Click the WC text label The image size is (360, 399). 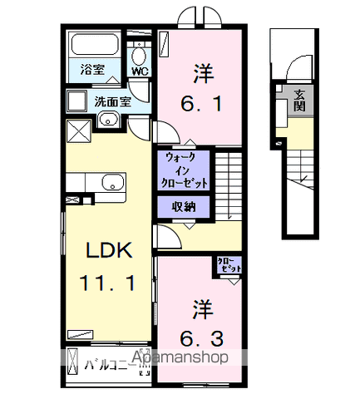(x=139, y=72)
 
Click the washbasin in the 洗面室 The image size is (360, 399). (x=108, y=121)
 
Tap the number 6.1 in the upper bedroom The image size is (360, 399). (x=200, y=106)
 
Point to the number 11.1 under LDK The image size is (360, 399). (x=106, y=282)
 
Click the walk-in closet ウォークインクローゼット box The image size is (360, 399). (x=181, y=170)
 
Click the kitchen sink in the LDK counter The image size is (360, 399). (x=111, y=183)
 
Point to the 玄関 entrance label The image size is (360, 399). (x=298, y=100)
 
